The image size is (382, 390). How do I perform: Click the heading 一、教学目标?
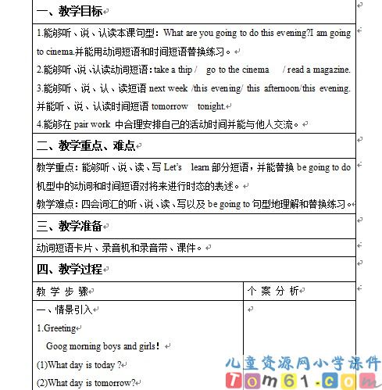click(x=69, y=12)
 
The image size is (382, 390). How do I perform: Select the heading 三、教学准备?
click(x=69, y=227)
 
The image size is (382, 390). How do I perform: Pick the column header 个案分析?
click(x=272, y=290)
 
